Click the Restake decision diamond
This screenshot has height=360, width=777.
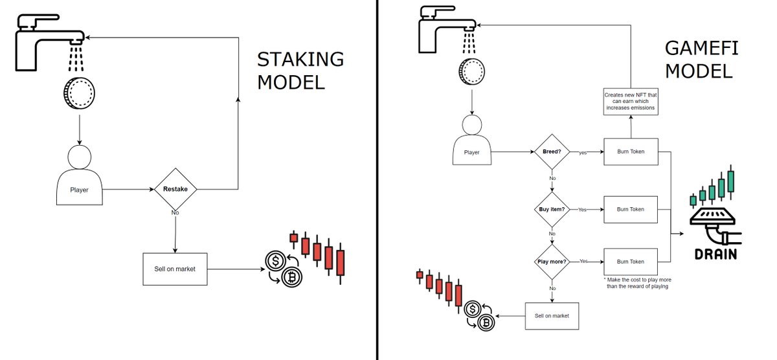175,190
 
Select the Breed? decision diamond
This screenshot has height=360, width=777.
551,153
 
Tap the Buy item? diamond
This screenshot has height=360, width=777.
551,210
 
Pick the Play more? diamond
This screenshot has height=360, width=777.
551,261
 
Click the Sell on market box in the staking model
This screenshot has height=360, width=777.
175,269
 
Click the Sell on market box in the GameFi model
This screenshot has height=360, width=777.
552,316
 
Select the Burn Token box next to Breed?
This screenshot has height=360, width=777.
631,153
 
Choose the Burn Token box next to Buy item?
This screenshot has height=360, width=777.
631,210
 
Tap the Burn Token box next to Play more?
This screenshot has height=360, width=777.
631,262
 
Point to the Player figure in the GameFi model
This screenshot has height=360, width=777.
472,140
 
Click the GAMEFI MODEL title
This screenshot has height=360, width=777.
698,59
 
